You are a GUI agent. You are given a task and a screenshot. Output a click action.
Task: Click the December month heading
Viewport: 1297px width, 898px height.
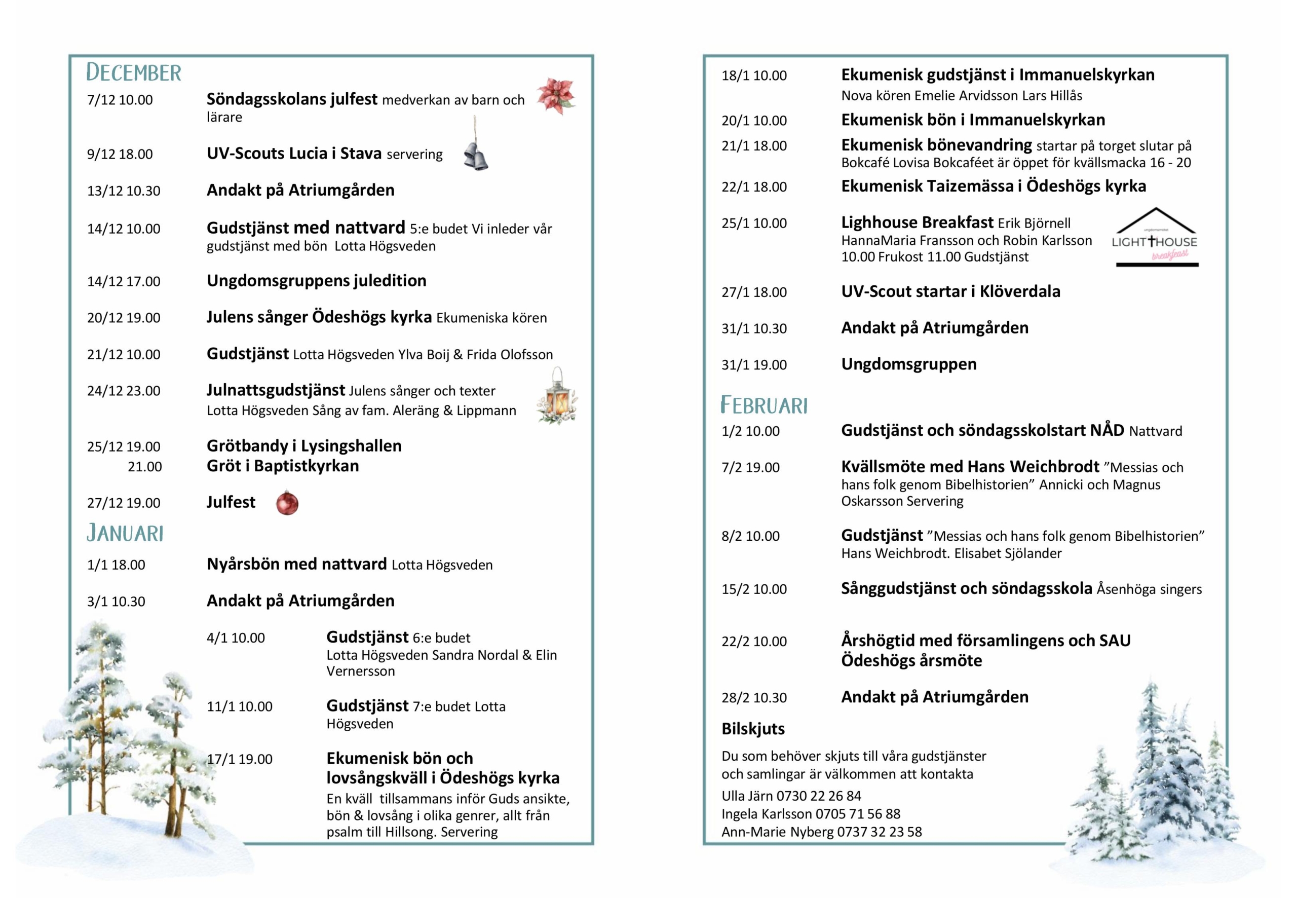133,72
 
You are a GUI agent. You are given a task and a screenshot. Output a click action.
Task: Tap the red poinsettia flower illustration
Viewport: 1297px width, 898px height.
555,96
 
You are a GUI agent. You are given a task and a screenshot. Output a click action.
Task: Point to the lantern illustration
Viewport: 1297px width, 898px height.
557,396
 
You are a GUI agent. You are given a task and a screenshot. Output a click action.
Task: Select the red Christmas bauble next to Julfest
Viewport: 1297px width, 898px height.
287,503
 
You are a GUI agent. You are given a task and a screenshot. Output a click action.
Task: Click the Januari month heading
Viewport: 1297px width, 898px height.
125,533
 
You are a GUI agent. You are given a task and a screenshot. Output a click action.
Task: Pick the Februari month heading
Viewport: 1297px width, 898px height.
764,405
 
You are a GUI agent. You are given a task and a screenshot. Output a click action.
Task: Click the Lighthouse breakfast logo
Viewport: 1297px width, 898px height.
1156,238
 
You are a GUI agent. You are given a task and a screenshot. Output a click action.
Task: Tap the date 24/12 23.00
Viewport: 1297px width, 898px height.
124,391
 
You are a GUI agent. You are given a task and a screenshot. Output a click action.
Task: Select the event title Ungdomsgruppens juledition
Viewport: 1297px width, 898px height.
316,281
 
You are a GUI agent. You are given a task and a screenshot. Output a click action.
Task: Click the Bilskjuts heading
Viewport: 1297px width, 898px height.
752,729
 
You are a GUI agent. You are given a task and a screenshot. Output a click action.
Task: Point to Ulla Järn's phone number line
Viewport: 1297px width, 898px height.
791,796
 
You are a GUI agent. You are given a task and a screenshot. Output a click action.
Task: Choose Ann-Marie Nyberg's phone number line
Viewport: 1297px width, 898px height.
821,832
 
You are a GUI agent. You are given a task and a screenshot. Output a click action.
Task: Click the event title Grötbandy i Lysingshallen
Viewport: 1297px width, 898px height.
303,446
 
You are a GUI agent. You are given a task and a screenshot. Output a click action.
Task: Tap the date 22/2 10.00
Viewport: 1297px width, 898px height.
754,642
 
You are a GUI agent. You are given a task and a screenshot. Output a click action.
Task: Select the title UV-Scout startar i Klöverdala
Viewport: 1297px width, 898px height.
950,291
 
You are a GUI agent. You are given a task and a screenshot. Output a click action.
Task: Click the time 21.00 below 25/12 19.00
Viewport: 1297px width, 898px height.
144,466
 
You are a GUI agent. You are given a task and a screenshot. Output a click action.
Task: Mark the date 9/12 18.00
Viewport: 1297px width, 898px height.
120,154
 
